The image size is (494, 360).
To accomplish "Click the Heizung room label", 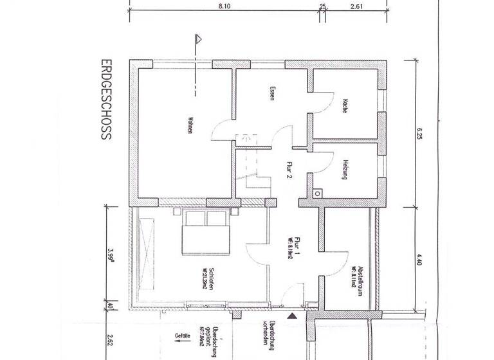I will [x=345, y=168].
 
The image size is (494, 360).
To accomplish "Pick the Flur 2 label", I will [x=281, y=174].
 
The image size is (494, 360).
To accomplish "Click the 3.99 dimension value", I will [x=111, y=253].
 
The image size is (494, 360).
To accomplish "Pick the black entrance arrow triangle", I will [x=293, y=316].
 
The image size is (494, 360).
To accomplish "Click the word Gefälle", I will [x=183, y=335].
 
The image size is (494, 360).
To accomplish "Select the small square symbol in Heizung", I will [x=317, y=193].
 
